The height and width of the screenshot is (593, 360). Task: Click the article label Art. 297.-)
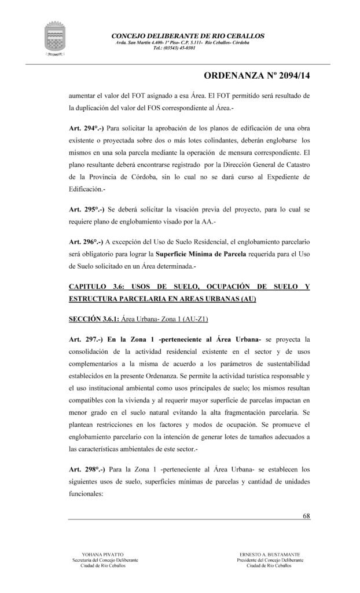[x=85, y=338]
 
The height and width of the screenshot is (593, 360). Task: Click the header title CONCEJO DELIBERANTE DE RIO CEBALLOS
[x=188, y=36]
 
